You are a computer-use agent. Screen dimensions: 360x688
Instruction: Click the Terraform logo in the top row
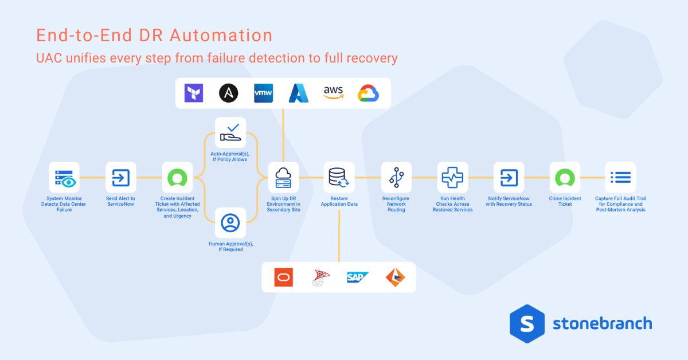point(194,93)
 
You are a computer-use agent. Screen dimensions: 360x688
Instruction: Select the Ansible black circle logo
point(229,93)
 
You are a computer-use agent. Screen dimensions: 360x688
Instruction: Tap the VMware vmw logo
point(264,93)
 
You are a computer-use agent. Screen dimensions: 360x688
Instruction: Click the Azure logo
point(299,93)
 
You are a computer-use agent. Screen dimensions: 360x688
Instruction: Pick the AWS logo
point(333,92)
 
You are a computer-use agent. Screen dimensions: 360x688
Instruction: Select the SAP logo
point(357,277)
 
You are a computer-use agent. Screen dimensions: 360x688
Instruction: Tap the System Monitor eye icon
point(64,177)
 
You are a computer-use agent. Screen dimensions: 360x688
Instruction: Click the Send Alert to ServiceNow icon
point(121,177)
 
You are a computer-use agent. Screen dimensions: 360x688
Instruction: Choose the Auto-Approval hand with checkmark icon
point(230,132)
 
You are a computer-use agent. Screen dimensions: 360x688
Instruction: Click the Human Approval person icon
point(230,222)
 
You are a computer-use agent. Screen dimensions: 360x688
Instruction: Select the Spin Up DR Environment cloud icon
point(284,177)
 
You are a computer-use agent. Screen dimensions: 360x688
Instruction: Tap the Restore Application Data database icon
point(339,177)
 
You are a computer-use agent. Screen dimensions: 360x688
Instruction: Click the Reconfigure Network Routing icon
point(396,177)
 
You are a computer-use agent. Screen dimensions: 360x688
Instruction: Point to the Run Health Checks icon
point(452,177)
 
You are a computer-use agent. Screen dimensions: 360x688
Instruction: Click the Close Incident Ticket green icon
point(565,177)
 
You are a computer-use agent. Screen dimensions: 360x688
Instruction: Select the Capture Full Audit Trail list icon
point(620,177)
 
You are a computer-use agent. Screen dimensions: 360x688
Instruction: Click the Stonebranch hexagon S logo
point(526,323)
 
